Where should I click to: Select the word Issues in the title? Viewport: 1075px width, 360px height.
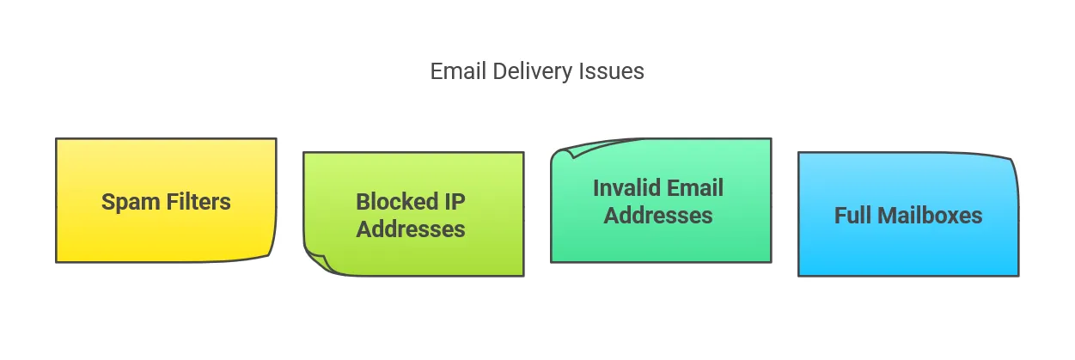coord(615,71)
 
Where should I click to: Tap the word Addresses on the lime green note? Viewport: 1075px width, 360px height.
coord(411,229)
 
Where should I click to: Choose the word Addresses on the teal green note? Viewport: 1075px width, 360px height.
coord(658,215)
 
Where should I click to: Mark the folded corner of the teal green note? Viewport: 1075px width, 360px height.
coord(565,151)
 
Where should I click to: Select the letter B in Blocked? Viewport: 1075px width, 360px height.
coord(363,202)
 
